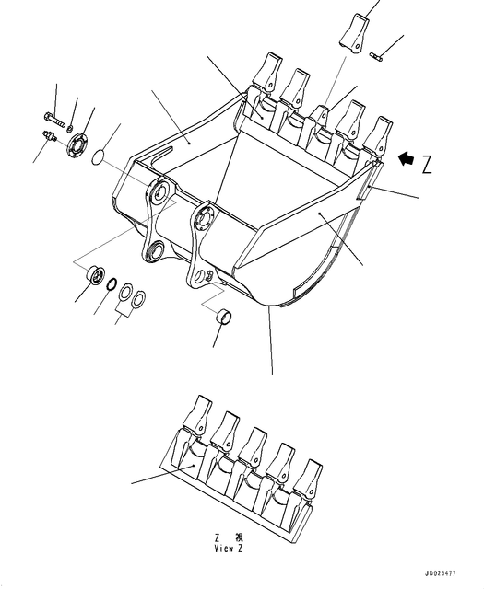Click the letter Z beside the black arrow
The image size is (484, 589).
point(426,166)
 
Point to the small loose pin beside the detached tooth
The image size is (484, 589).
point(377,58)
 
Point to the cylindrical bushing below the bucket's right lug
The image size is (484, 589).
point(222,318)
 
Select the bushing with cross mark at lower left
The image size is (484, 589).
point(92,277)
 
